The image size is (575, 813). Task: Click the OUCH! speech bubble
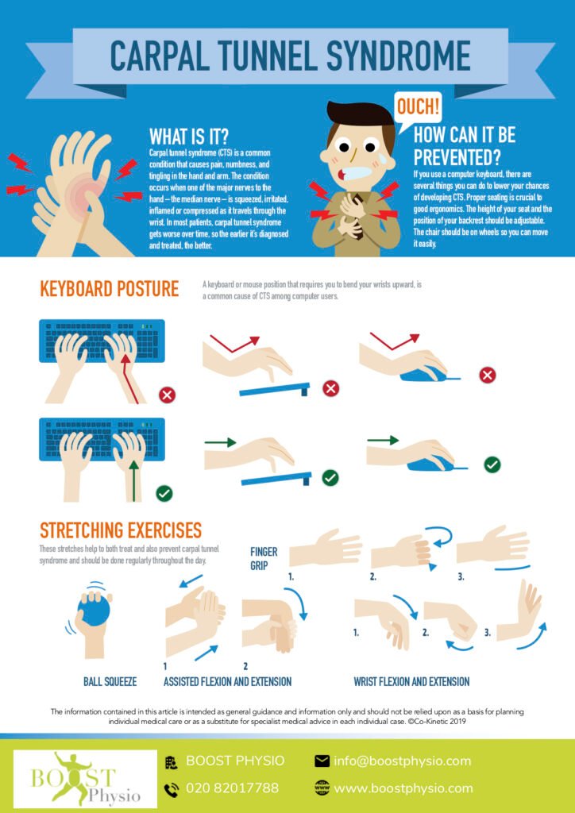[419, 106]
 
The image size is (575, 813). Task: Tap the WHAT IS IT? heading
[189, 134]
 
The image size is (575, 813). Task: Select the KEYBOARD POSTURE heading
[109, 289]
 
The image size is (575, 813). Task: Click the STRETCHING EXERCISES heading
[121, 530]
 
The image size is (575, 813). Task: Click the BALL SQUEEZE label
[110, 681]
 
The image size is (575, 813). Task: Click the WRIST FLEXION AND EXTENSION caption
[411, 681]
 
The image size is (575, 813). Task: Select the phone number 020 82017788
[232, 788]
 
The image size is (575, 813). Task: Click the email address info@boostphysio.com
[402, 761]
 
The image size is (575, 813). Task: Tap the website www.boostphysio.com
[403, 788]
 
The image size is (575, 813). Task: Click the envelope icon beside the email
[322, 761]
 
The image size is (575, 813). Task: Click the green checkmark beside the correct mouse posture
[492, 464]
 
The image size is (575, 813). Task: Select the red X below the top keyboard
[168, 394]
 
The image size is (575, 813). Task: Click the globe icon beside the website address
[322, 788]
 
